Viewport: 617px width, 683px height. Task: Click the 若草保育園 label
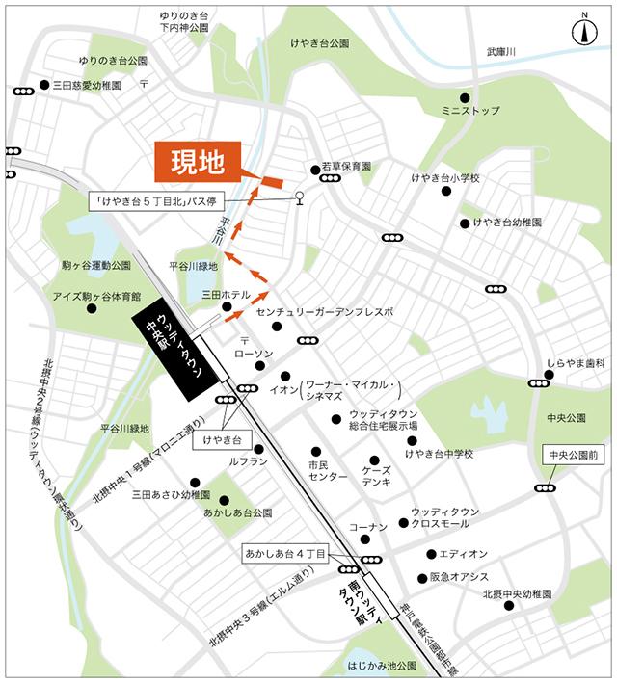click(347, 167)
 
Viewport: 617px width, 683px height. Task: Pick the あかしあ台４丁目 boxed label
click(284, 554)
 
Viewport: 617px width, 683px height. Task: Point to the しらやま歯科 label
click(575, 363)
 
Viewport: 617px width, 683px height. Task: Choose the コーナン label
click(367, 527)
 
